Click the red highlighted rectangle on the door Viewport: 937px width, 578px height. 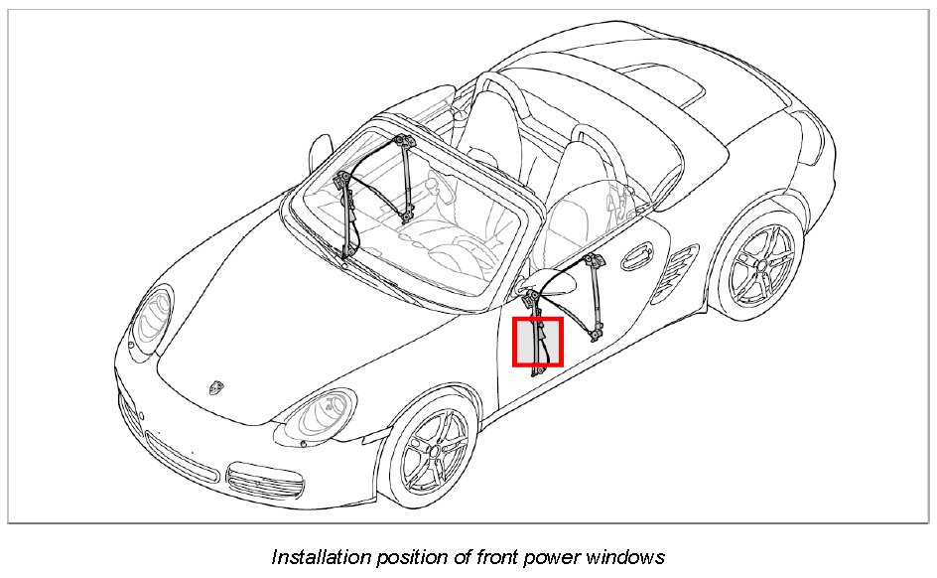tap(538, 342)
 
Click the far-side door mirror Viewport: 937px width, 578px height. tap(318, 149)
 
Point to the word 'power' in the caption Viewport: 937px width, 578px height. tap(551, 556)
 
